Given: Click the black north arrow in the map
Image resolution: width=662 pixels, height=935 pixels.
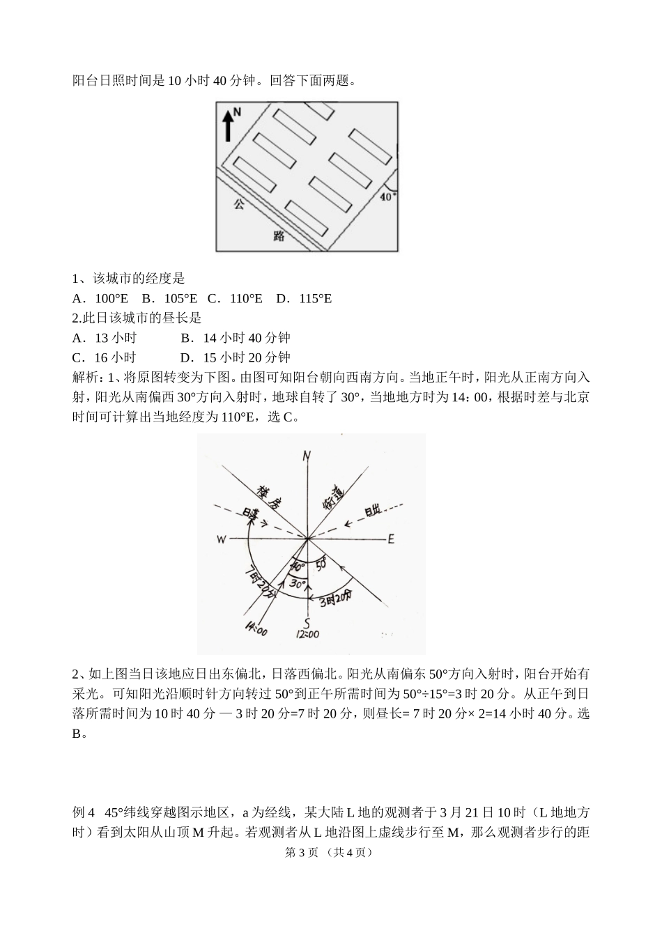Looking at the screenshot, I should point(227,125).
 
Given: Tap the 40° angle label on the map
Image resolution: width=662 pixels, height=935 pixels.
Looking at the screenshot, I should point(387,196).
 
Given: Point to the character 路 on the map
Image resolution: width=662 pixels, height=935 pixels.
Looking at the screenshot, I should point(279,235).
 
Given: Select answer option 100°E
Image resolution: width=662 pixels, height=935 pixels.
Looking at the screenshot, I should point(101,299).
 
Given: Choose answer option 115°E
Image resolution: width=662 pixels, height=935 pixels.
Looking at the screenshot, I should point(304,299).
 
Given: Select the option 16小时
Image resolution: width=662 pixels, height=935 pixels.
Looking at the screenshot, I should point(105,357).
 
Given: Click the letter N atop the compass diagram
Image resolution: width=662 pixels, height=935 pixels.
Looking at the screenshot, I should point(307,456).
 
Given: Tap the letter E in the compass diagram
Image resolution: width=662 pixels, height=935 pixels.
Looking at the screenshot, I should point(391,539).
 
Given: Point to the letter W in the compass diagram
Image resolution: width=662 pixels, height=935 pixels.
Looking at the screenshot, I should point(221,539).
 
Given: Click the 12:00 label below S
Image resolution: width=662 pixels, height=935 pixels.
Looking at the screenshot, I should point(307,634).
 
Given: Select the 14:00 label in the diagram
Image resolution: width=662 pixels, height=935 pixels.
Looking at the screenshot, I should point(256,630).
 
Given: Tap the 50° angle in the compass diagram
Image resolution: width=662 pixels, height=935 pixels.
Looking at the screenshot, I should point(321,565).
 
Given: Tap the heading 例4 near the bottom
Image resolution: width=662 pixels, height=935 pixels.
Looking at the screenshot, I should point(83,812).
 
